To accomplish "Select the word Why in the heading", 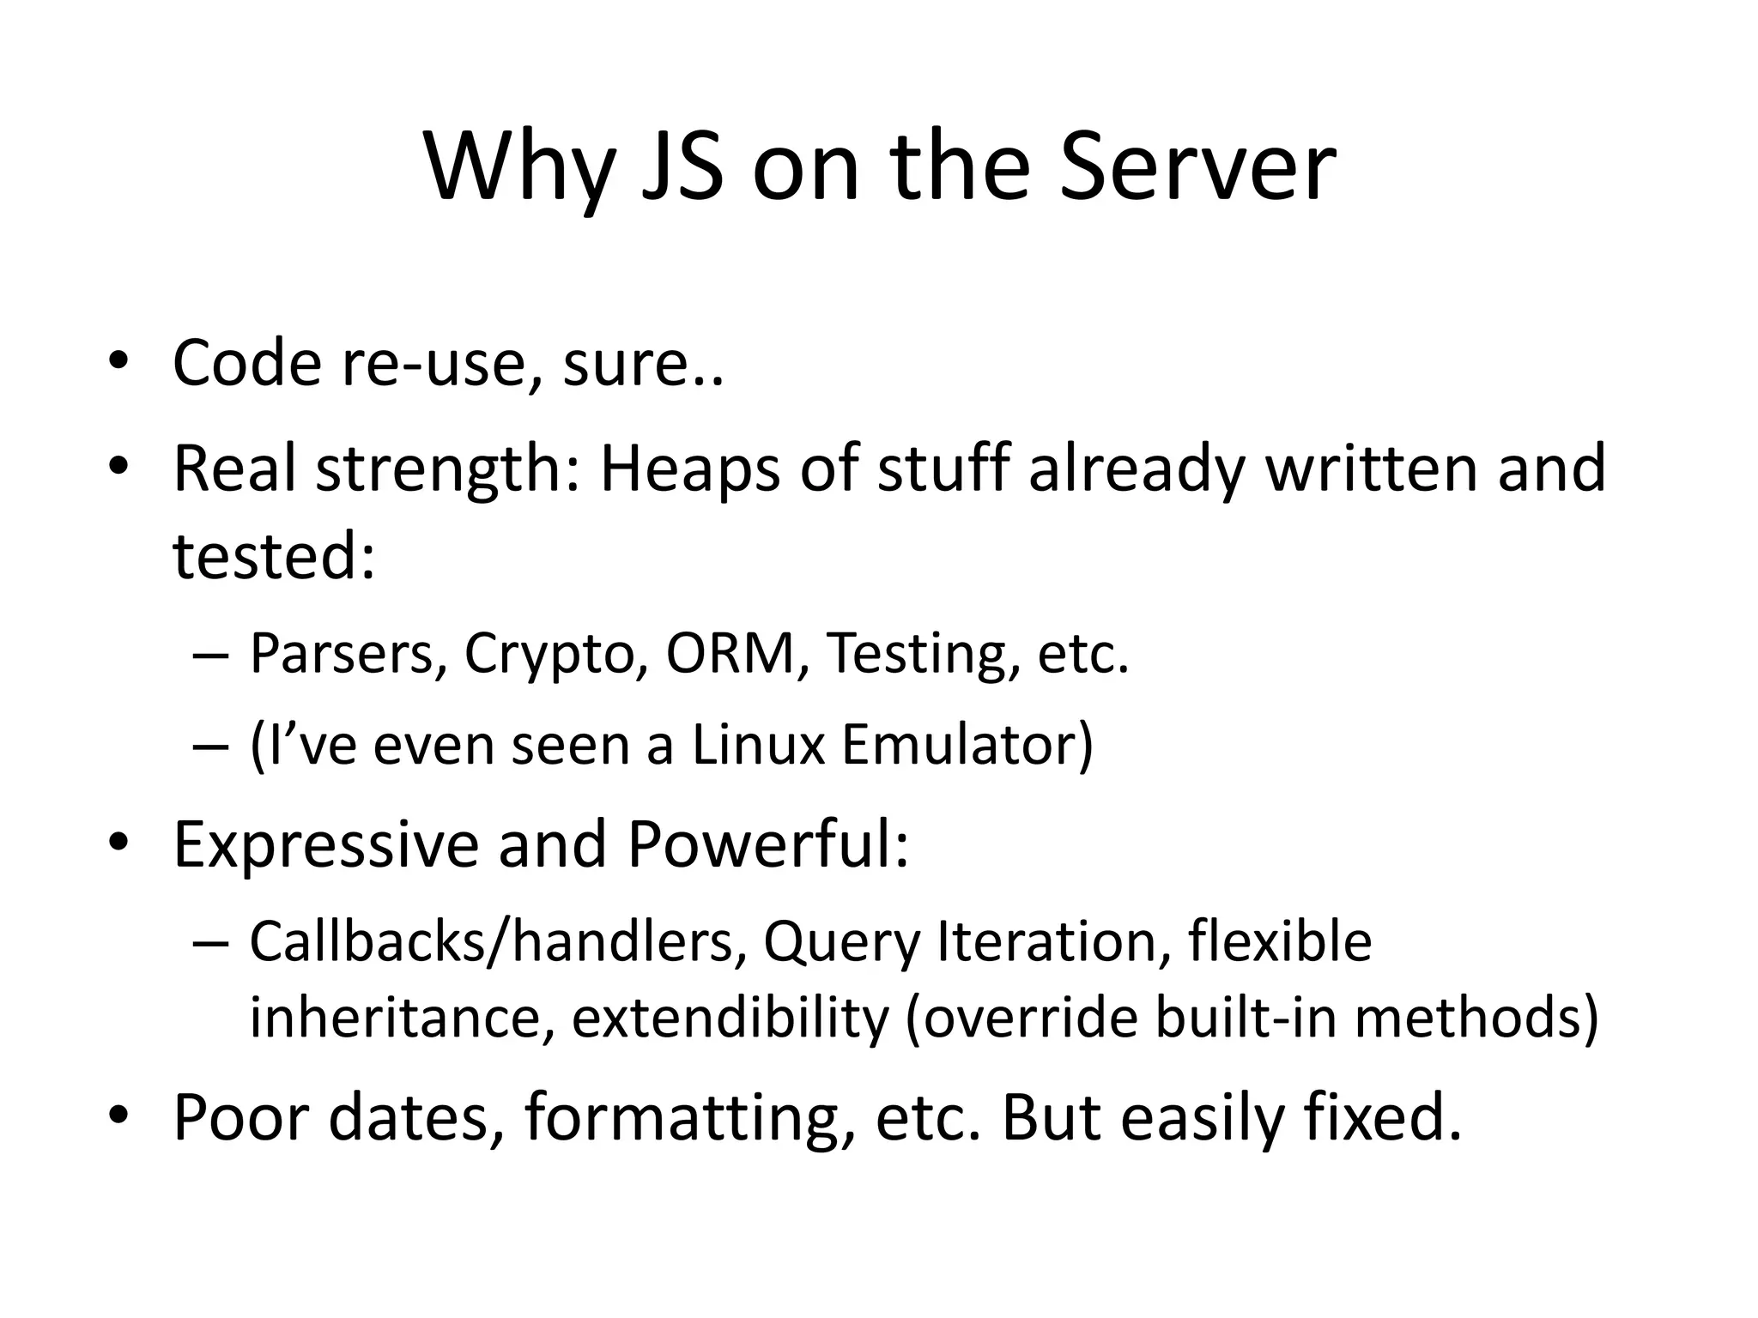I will coord(519,172).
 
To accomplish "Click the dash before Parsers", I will coord(211,656).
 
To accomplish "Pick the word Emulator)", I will coord(967,745).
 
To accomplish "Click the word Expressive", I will coord(325,845).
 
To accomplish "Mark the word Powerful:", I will coord(767,845).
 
